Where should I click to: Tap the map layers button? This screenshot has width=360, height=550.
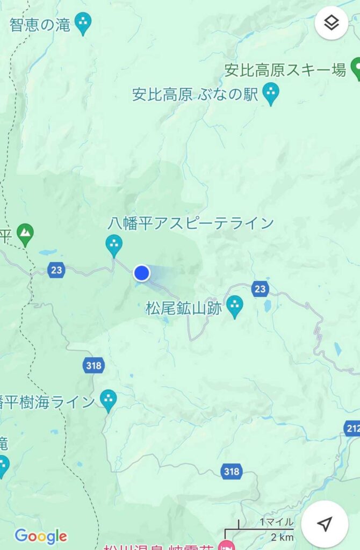click(x=331, y=23)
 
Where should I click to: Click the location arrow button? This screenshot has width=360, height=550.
click(x=325, y=524)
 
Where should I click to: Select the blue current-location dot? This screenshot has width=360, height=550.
click(x=141, y=273)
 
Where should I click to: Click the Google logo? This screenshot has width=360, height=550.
click(x=41, y=536)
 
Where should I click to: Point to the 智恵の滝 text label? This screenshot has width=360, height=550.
click(x=40, y=25)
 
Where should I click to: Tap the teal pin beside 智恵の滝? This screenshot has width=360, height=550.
click(x=83, y=23)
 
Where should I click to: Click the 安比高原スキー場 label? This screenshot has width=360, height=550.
click(x=285, y=70)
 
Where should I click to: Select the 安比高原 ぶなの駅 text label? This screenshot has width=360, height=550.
click(x=196, y=95)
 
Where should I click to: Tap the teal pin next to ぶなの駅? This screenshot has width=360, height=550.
click(x=271, y=93)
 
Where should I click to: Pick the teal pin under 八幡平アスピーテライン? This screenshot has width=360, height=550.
click(x=113, y=245)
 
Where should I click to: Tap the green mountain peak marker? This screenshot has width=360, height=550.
click(x=25, y=234)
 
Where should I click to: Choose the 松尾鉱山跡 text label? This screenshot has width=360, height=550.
click(x=184, y=308)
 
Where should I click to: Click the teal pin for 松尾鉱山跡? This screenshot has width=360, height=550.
click(x=234, y=306)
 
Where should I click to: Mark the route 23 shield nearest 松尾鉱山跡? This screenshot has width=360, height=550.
click(x=260, y=289)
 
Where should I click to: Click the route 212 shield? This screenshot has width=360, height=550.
click(x=352, y=428)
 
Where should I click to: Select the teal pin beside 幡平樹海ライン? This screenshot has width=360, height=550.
click(x=109, y=400)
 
